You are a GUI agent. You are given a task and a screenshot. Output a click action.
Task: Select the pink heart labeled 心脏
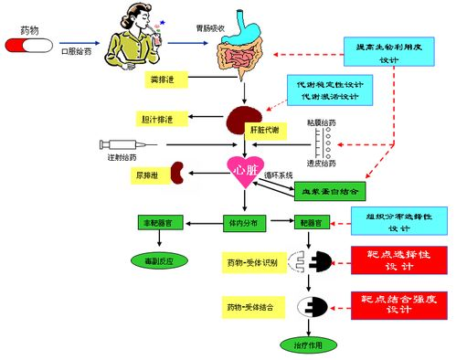245,171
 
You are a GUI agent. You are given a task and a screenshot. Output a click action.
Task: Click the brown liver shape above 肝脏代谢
243,119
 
